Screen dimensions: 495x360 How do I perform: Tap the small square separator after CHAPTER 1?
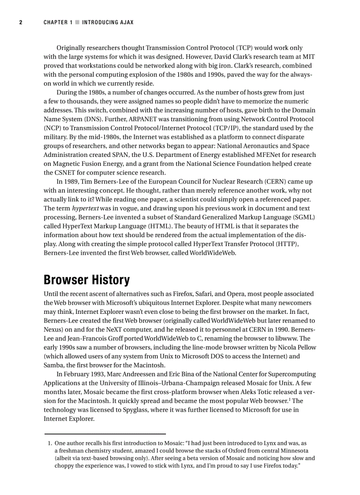(77, 22)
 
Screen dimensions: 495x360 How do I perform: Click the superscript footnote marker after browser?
(289, 399)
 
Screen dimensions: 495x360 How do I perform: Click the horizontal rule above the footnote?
(105, 434)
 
